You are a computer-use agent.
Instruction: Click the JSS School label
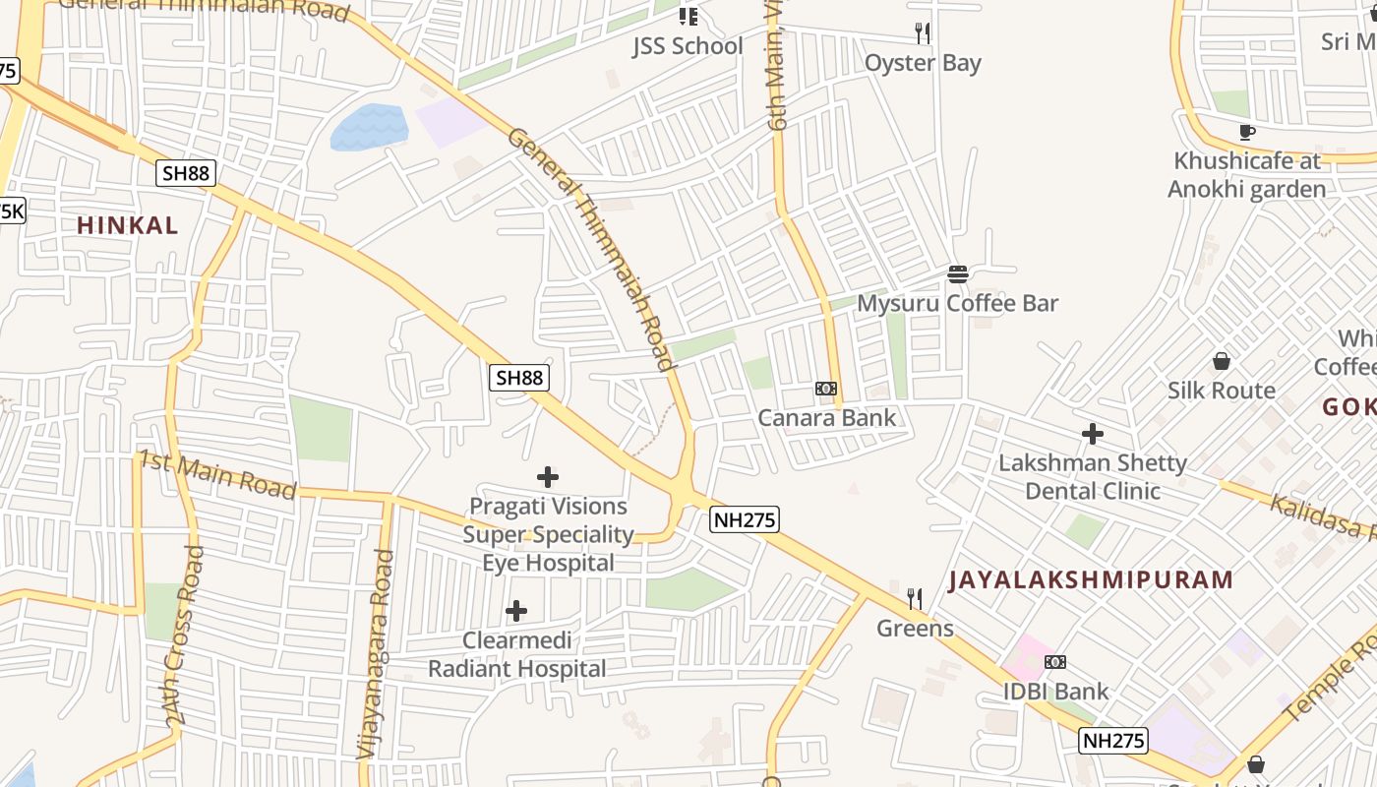pos(687,46)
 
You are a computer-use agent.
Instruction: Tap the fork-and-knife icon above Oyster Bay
pos(923,33)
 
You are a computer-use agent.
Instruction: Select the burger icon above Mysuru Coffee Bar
pos(958,273)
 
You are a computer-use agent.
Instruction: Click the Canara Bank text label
pos(826,418)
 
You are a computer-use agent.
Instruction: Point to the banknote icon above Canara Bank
pos(826,389)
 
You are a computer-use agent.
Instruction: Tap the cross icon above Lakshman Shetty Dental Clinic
pos(1092,433)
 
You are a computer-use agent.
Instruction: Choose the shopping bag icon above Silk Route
pos(1221,361)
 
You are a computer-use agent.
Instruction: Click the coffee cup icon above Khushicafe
pos(1247,132)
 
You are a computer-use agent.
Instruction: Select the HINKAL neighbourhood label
pos(128,225)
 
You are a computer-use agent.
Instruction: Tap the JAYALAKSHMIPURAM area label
pos(1091,579)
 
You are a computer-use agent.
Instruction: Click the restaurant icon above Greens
pos(915,598)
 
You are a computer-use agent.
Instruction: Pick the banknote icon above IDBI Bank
pos(1055,662)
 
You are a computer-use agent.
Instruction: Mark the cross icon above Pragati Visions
pos(548,478)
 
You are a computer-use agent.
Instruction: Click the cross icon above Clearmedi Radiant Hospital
pos(515,612)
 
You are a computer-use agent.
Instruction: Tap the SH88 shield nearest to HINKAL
pos(186,173)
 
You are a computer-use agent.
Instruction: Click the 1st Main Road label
pos(217,475)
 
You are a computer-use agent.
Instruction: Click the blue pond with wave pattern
pos(369,127)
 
